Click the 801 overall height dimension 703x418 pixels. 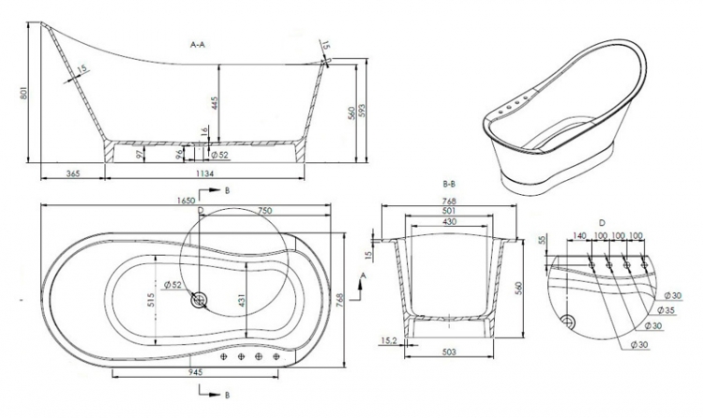(x=24, y=93)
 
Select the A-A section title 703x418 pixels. (x=198, y=44)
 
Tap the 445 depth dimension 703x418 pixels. (x=215, y=103)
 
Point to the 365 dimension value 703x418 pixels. (x=72, y=173)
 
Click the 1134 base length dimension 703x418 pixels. (x=204, y=173)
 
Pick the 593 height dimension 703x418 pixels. (x=362, y=112)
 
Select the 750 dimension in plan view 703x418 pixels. (x=264, y=210)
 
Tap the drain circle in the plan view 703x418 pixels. (x=199, y=300)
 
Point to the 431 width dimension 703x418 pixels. (x=241, y=301)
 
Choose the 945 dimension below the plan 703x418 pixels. (x=196, y=372)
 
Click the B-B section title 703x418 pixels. (x=449, y=185)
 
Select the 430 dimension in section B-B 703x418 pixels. (x=449, y=221)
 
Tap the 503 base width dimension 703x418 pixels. (x=449, y=352)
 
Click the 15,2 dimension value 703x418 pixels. (x=388, y=341)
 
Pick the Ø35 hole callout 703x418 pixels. (x=666, y=310)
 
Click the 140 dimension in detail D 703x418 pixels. (x=579, y=236)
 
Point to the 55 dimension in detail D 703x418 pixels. (x=542, y=240)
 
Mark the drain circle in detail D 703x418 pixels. (x=568, y=321)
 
